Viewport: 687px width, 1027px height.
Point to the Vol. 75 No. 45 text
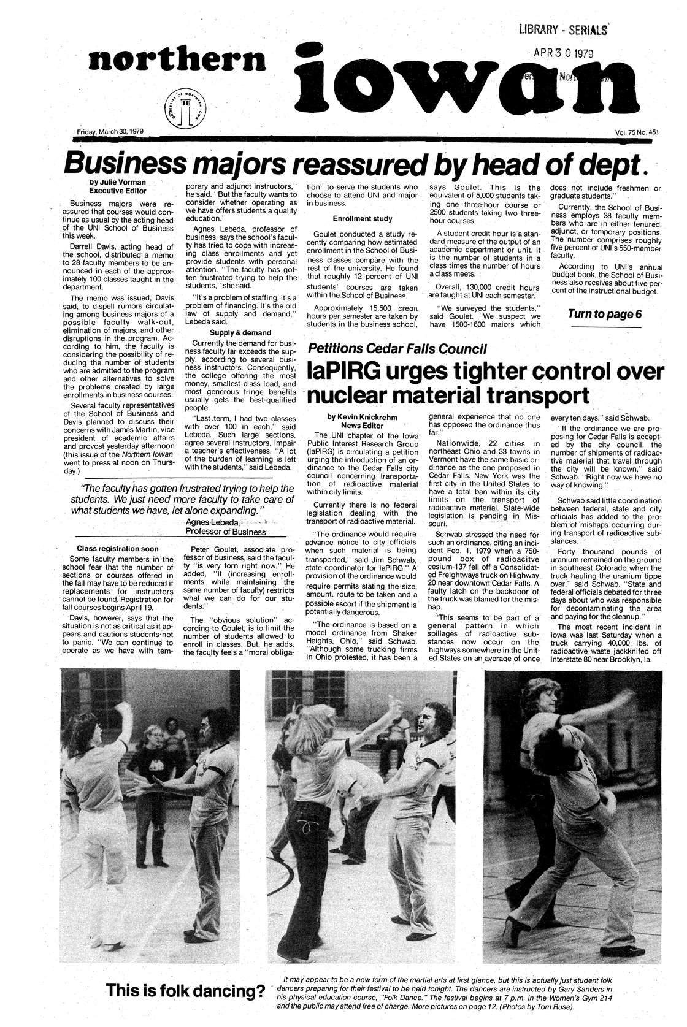point(635,132)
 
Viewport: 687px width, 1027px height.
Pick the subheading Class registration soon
point(117,548)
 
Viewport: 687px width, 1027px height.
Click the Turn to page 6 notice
point(605,315)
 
